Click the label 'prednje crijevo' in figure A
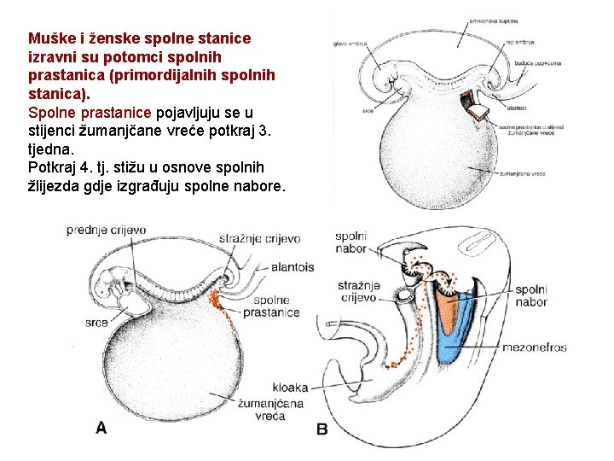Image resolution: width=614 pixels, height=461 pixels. tap(106, 230)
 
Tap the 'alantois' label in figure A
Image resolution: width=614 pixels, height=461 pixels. tap(292, 267)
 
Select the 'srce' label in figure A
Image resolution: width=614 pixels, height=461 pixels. tap(96, 323)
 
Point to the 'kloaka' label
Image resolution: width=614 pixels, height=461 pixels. tap(291, 387)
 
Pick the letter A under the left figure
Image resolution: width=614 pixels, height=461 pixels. tap(101, 427)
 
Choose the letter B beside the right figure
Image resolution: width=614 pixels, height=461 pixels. tap(321, 429)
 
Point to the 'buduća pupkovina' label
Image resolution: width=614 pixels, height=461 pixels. tap(536, 63)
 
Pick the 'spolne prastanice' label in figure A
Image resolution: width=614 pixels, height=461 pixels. tap(271, 306)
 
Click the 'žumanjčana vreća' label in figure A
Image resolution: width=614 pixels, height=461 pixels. tap(264, 409)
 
